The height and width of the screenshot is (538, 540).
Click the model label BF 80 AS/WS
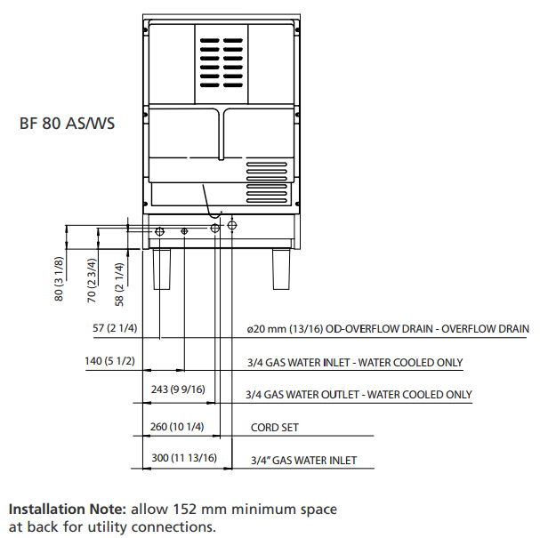tap(67, 124)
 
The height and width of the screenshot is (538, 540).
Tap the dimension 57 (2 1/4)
tap(115, 328)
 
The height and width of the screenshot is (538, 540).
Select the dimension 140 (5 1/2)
tap(109, 361)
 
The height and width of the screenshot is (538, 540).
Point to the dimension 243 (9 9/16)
tap(178, 389)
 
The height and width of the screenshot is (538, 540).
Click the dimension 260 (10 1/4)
tap(177, 427)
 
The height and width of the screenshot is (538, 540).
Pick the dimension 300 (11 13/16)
tap(184, 458)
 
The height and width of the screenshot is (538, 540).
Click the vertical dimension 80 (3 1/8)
tap(59, 279)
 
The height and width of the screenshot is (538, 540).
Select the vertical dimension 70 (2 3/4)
tap(92, 280)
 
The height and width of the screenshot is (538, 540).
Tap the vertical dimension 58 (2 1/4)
tap(119, 285)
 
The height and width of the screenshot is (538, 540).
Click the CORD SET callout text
tap(275, 428)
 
